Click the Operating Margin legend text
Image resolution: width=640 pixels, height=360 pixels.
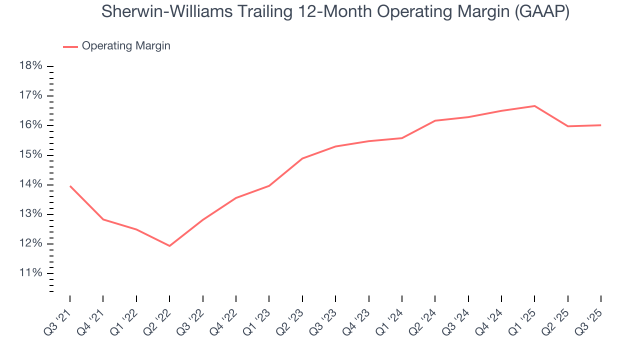[126, 46]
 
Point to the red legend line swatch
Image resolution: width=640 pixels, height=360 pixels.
[70, 46]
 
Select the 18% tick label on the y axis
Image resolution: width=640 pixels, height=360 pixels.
[30, 66]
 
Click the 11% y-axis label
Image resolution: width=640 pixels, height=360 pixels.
[30, 273]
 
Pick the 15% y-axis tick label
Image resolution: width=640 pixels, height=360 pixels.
[30, 155]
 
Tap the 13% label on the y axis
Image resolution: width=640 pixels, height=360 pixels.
[30, 214]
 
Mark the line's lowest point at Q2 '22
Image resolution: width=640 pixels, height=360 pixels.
[169, 246]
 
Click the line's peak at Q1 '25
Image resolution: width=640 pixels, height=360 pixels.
[534, 106]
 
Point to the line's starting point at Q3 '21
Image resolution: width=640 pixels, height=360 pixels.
[70, 186]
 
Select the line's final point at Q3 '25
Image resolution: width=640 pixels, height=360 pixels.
[600, 125]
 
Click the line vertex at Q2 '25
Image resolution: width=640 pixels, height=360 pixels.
[567, 126]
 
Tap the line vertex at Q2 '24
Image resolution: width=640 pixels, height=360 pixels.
[435, 120]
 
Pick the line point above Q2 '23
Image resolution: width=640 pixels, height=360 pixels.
[302, 158]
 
